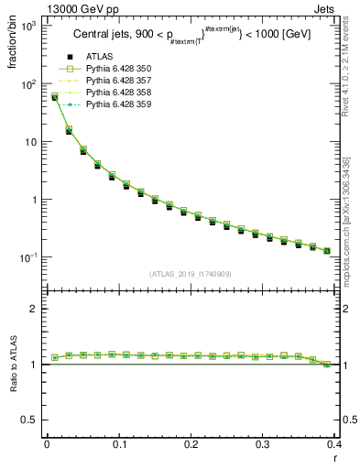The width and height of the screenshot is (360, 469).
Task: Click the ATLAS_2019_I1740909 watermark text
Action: (189, 274)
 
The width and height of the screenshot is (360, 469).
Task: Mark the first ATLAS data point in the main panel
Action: (54, 97)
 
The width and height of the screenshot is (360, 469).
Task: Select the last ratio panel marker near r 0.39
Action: (327, 365)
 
